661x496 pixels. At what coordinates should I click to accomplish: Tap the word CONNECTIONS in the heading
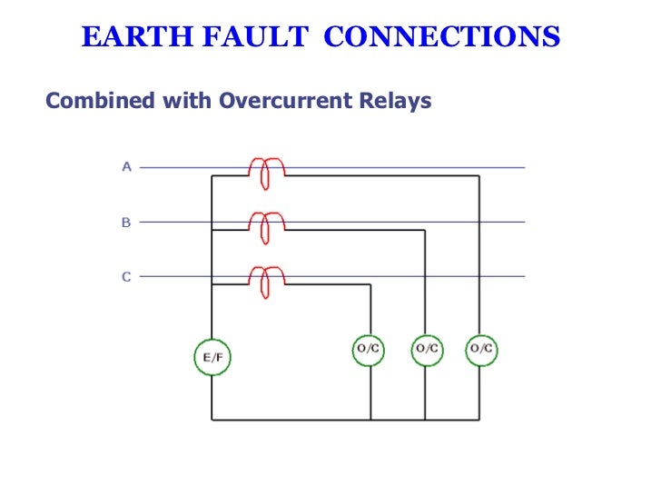[442, 37]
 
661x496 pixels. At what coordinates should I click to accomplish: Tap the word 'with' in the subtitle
[188, 101]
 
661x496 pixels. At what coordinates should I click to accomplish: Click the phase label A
[126, 167]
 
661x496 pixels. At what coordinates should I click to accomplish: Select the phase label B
[126, 222]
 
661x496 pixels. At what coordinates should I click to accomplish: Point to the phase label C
[126, 276]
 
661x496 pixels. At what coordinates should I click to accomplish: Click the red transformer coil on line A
[266, 172]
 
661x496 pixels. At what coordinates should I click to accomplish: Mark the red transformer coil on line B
[266, 226]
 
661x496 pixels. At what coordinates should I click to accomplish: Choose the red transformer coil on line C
[266, 281]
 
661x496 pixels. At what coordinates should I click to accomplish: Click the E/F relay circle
[212, 357]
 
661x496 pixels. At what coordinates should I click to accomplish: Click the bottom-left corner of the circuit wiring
[212, 420]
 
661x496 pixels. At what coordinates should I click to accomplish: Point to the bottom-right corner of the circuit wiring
[480, 420]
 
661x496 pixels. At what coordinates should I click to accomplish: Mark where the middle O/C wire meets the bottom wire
[426, 420]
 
